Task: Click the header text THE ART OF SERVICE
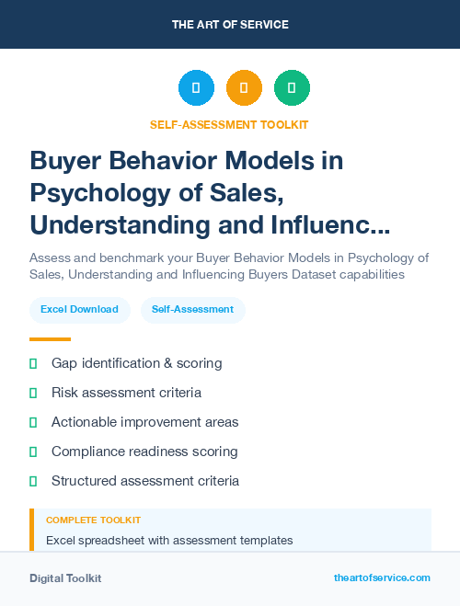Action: click(230, 24)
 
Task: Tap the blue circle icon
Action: click(196, 88)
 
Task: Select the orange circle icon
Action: click(244, 88)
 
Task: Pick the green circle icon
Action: click(292, 88)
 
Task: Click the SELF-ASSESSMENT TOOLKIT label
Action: click(230, 124)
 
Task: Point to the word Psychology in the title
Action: click(95, 193)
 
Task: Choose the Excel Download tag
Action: click(79, 310)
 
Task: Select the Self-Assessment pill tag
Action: click(192, 310)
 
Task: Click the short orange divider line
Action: click(50, 339)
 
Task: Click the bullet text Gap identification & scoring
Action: click(136, 363)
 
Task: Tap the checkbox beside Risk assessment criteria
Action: click(33, 393)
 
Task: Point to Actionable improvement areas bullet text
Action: click(144, 422)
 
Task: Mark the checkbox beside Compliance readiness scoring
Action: click(33, 452)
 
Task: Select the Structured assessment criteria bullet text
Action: click(145, 481)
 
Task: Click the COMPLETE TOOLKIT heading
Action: click(93, 520)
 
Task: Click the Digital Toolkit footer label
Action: click(65, 578)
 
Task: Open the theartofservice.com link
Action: click(382, 577)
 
